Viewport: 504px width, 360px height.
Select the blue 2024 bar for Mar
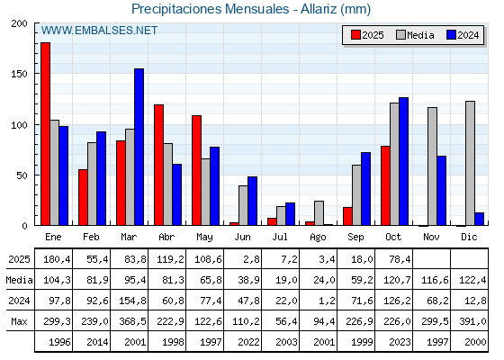(x=139, y=147)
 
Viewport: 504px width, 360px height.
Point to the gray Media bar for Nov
(x=431, y=166)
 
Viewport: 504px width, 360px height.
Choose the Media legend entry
(x=413, y=35)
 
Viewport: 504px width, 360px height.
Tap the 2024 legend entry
(x=462, y=35)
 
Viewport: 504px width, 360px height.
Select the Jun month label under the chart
(x=242, y=237)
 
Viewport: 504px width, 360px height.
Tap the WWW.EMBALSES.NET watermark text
(x=100, y=31)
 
